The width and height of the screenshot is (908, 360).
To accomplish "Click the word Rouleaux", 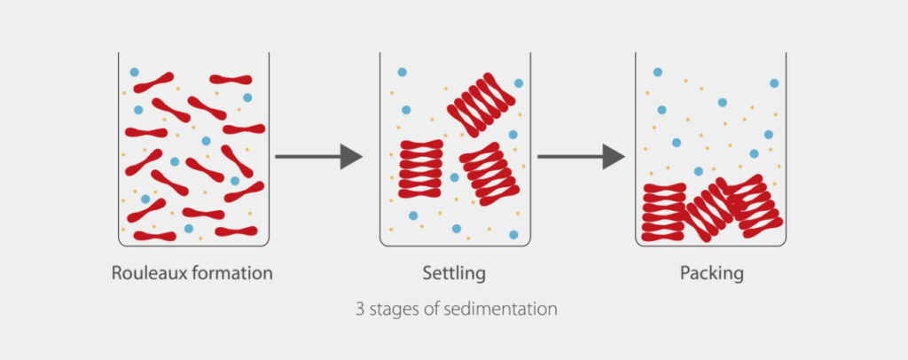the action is (148, 272).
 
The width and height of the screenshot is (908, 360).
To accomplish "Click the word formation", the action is (231, 272).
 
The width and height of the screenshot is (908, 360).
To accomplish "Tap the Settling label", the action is (454, 273).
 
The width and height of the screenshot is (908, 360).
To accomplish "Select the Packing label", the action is (712, 273).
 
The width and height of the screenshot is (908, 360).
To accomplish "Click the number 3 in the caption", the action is (360, 309).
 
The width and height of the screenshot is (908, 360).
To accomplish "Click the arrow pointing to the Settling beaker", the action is (318, 156).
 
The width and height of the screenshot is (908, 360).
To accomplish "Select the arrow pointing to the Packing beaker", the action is (581, 156).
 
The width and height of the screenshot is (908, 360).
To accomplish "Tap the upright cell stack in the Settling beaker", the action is (421, 168).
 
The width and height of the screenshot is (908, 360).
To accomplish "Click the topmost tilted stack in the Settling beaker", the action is (481, 105).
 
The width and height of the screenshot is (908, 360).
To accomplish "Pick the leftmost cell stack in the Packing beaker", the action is (663, 212).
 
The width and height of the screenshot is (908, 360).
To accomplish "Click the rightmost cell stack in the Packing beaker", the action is (753, 206).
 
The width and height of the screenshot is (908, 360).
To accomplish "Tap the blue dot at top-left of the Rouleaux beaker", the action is (135, 73).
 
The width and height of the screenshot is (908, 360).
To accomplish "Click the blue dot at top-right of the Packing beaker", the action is (774, 82).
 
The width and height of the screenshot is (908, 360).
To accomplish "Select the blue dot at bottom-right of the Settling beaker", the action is (513, 234).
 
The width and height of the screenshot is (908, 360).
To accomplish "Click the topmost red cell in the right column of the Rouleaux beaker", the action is (231, 79).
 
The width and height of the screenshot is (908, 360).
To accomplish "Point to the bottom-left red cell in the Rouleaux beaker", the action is (154, 236).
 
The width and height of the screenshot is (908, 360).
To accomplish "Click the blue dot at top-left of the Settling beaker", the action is (402, 73).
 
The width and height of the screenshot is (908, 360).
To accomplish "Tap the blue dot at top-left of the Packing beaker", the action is (657, 73).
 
